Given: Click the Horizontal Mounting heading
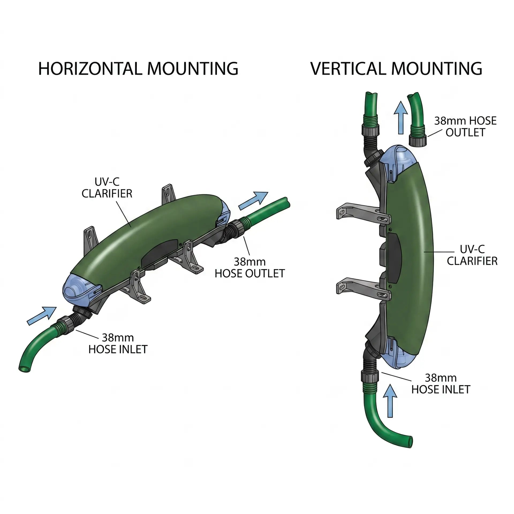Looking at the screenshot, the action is (x=138, y=69).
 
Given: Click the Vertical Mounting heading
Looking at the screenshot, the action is (x=396, y=69).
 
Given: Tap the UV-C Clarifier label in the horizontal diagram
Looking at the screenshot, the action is (x=107, y=188).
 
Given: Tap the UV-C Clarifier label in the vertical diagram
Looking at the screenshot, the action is (x=472, y=255).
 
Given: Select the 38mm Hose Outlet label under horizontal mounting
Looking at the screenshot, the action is (x=250, y=267).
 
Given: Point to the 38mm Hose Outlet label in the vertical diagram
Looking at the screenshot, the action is (x=465, y=127).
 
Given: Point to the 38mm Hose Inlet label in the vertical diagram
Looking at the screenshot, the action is (x=441, y=384).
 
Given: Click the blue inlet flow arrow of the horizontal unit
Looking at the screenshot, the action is (x=42, y=316).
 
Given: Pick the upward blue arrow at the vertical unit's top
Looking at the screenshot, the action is (x=400, y=118).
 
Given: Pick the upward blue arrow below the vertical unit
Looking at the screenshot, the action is (x=390, y=400).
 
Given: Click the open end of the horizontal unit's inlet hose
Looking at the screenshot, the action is (x=24, y=368).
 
